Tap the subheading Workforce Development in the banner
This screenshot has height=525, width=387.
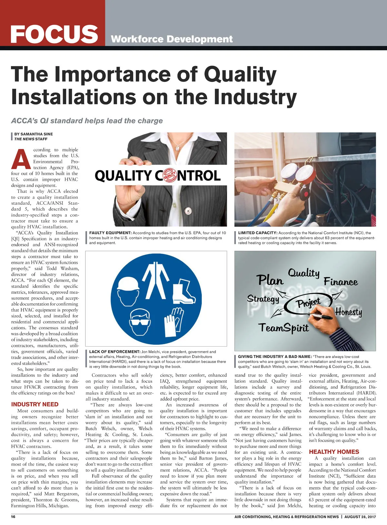(171, 39)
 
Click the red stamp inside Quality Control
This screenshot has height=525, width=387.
(170, 175)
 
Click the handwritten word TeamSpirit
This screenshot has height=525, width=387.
(284, 328)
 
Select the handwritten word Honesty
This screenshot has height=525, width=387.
(349, 312)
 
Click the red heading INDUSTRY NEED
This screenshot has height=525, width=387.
(35, 404)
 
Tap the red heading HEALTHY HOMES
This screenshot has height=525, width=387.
(334, 452)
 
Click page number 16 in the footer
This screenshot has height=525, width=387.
(13, 517)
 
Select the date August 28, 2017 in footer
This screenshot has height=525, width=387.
(360, 517)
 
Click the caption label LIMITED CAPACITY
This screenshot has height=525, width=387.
(258, 233)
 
